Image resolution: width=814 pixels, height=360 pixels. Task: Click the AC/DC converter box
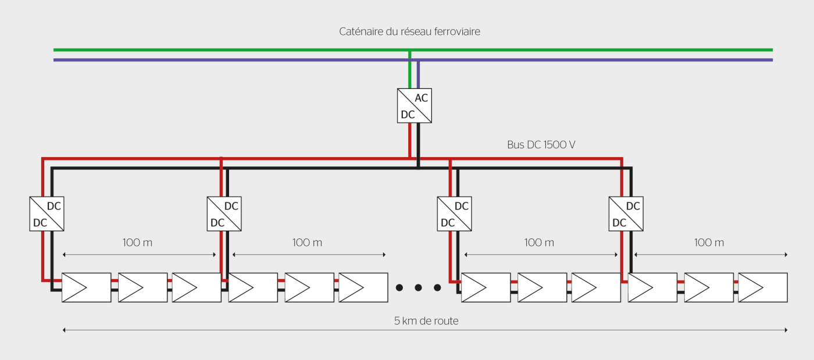[415, 106]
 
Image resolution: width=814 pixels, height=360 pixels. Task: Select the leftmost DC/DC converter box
[47, 214]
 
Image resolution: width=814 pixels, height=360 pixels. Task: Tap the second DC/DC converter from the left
[224, 214]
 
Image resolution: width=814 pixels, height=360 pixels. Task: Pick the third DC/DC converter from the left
[455, 214]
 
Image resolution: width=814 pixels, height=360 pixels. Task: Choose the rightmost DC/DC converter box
[626, 214]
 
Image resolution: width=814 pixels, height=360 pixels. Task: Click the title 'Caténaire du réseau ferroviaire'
[409, 32]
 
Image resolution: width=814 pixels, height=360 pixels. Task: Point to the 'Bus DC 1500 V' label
[541, 145]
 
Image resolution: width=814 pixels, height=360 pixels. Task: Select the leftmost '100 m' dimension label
[137, 243]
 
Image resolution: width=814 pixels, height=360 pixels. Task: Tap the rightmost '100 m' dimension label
[709, 243]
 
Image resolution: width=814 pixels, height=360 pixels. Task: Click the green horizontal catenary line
[233, 50]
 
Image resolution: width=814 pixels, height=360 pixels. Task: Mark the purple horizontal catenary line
[233, 60]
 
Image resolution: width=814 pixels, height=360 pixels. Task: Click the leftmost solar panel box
[87, 287]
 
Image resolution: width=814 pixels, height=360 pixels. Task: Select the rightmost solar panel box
[763, 287]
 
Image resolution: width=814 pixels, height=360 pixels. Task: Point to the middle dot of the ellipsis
[418, 287]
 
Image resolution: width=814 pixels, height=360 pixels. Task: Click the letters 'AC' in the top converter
[422, 98]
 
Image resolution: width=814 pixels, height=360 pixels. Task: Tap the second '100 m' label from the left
[307, 243]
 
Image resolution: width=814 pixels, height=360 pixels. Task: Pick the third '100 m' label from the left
[539, 243]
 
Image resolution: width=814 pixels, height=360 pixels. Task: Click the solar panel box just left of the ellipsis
[363, 287]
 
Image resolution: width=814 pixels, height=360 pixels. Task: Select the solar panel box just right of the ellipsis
[486, 287]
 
